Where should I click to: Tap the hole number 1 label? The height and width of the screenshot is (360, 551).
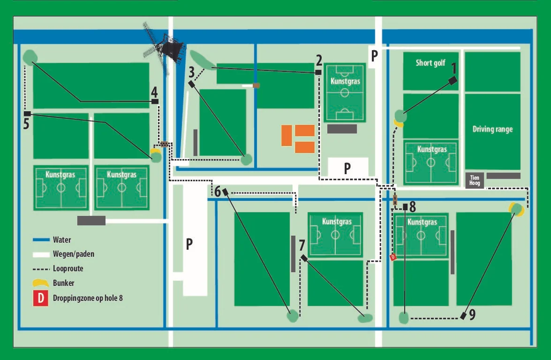453,69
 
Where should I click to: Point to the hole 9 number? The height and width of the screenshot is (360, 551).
472,314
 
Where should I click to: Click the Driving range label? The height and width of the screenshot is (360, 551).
492,129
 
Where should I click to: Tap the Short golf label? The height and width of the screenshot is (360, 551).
430,62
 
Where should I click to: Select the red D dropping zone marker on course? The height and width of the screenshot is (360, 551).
393,257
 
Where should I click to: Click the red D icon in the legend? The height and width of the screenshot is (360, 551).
41,298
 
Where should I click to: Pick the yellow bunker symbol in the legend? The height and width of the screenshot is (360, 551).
40,283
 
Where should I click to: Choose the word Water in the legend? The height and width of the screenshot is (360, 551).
62,240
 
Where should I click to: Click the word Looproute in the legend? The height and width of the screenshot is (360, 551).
68,269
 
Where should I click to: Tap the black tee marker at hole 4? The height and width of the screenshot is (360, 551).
155,101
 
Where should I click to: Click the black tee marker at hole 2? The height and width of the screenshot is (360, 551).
318,72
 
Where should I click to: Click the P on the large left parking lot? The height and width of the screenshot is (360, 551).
189,244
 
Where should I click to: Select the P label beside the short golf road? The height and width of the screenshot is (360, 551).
374,55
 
